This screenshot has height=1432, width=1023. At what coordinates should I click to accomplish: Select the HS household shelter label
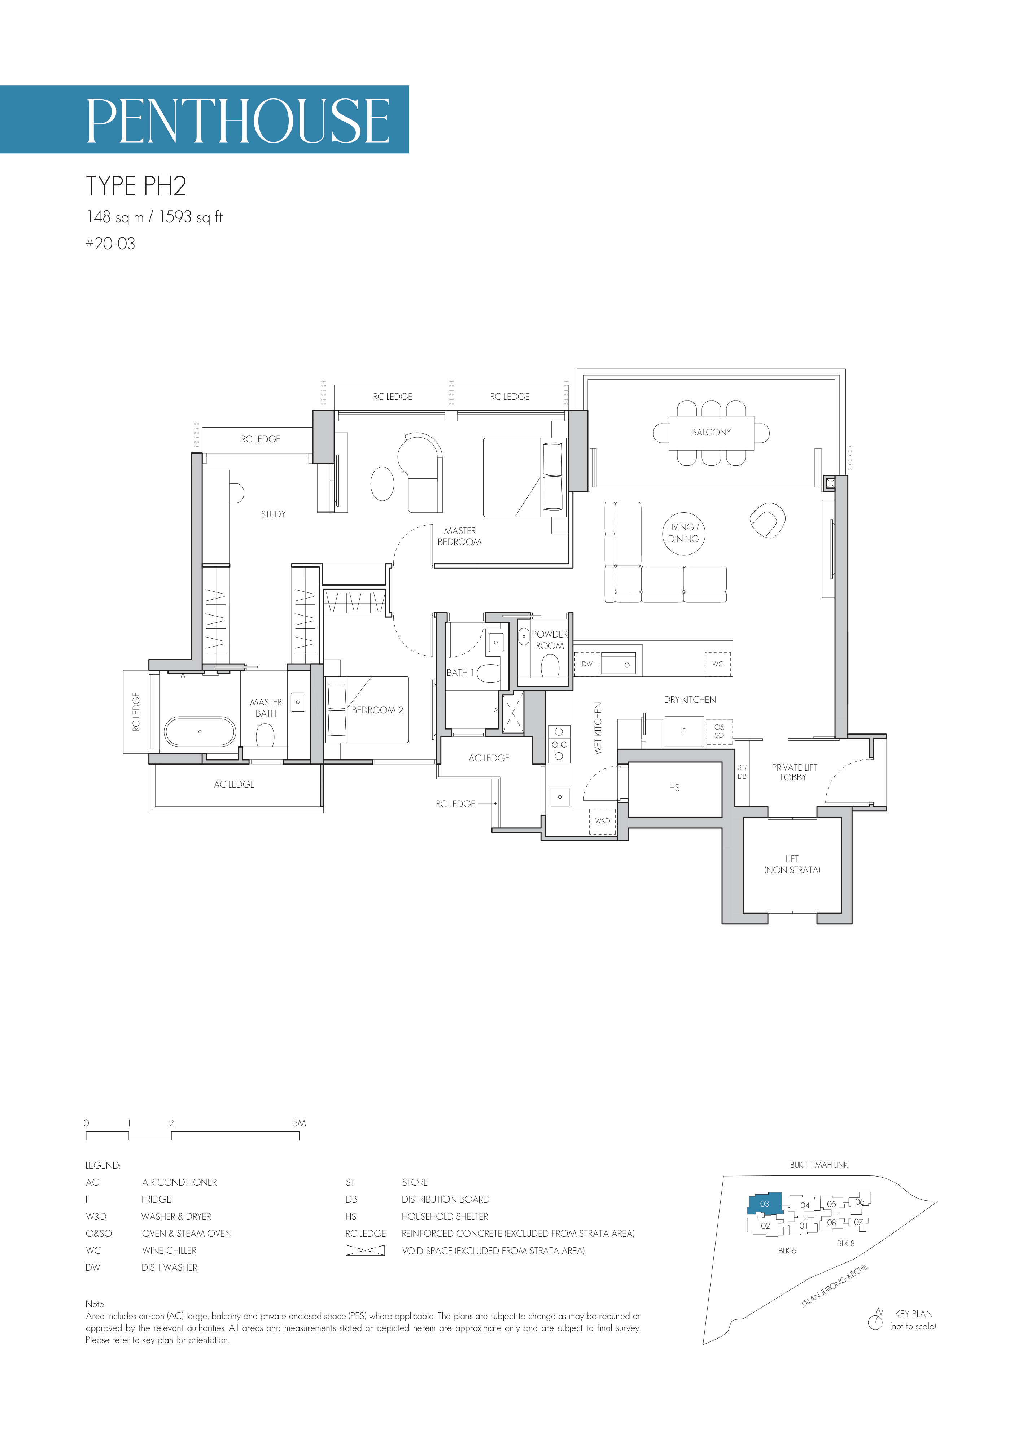point(674,788)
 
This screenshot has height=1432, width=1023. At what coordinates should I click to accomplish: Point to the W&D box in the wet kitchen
point(602,821)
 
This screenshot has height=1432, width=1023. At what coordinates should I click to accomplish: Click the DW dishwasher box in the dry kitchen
point(587,664)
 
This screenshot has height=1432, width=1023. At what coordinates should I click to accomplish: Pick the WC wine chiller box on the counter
point(717,664)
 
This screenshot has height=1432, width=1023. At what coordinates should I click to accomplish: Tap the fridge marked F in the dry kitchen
point(684,732)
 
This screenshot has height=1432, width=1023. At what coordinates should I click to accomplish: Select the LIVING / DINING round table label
point(683,533)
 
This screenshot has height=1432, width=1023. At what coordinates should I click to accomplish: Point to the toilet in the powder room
point(550,666)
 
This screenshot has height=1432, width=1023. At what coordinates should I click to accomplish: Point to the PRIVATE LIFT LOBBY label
point(794,772)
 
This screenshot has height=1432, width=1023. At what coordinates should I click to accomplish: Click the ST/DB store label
point(742,772)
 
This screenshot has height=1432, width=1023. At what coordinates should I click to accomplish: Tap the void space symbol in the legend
point(365,1251)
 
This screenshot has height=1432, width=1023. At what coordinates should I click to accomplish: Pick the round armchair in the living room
point(767,520)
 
